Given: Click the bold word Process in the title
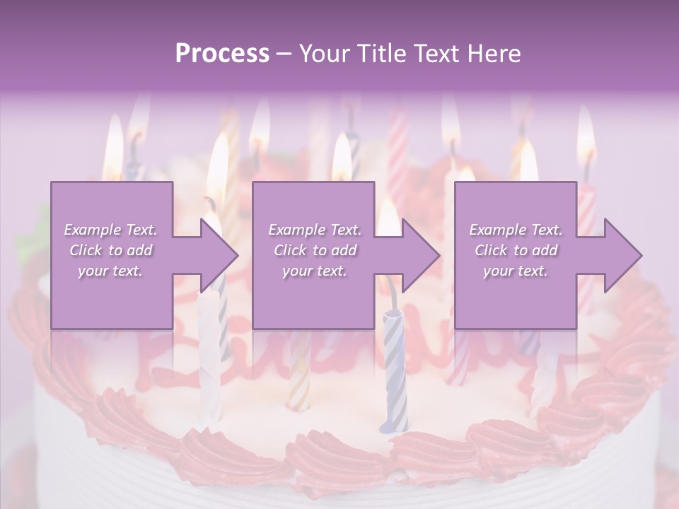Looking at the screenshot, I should [x=222, y=54].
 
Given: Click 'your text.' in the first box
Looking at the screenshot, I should [x=110, y=271].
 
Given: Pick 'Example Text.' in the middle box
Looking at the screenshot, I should [x=314, y=230].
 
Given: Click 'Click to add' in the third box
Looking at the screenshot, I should [x=516, y=250].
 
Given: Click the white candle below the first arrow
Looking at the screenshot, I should [x=209, y=353].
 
